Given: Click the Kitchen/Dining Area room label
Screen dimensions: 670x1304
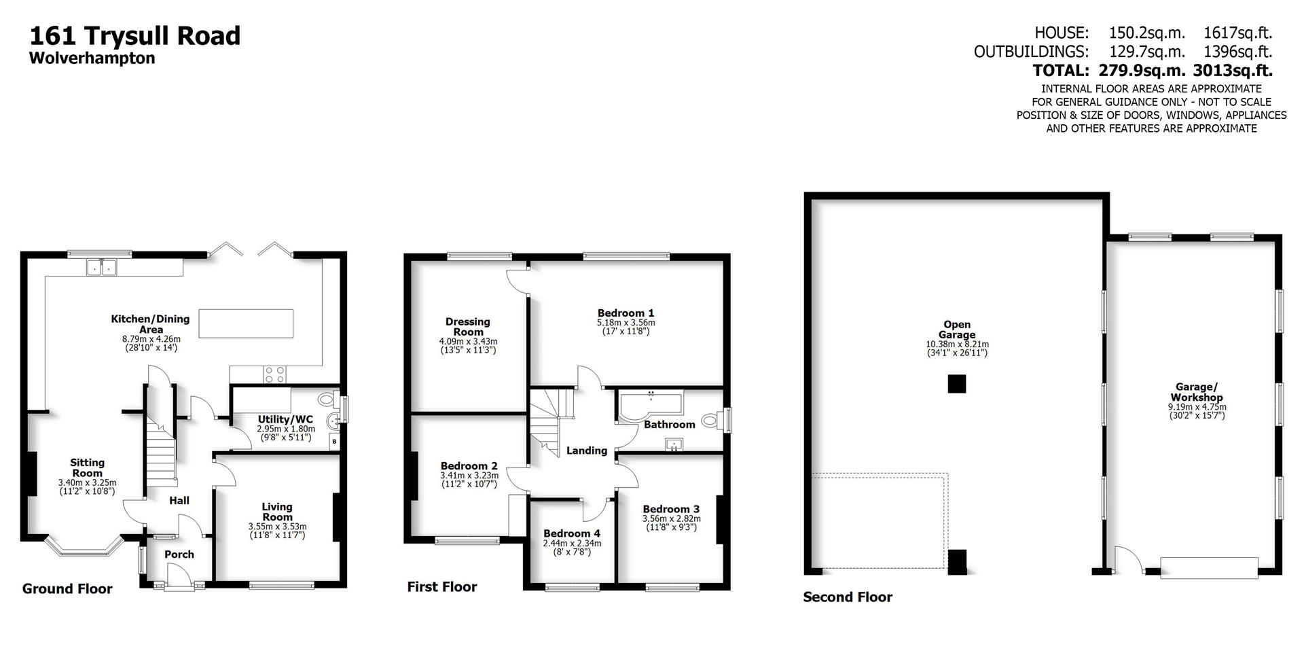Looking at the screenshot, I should click(x=150, y=323).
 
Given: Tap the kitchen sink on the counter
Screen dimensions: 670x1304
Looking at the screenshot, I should click(x=102, y=268).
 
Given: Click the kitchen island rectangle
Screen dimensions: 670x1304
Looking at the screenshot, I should click(x=246, y=323).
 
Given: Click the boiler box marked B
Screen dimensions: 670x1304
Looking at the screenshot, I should click(x=333, y=442).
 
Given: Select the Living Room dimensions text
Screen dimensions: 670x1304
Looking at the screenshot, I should click(x=277, y=531).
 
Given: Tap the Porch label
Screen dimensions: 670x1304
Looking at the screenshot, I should click(x=179, y=554).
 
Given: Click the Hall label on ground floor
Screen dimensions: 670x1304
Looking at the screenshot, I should click(x=179, y=501).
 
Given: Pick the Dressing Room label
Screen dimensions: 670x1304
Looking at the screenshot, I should click(x=468, y=327).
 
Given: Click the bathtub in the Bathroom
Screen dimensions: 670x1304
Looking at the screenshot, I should click(x=649, y=406).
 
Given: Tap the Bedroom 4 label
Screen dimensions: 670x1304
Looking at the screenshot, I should click(x=572, y=533).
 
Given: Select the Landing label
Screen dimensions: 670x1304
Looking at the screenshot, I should click(x=586, y=451).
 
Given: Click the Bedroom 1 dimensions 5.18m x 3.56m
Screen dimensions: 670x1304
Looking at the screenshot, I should click(x=626, y=323).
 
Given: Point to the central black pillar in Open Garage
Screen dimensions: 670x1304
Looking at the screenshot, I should click(x=956, y=385).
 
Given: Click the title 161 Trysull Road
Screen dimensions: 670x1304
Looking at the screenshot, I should click(x=134, y=35).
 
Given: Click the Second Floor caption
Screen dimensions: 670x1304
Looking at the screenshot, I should click(x=848, y=597).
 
